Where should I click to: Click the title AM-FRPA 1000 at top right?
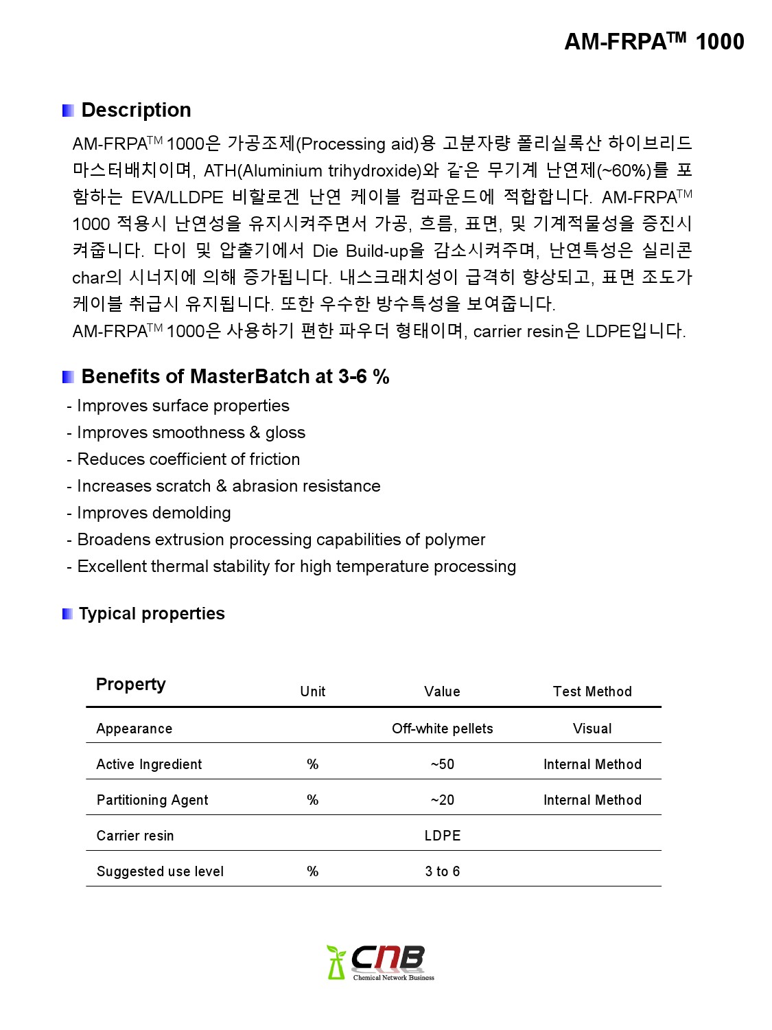click(x=653, y=41)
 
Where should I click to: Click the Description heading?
click(x=136, y=110)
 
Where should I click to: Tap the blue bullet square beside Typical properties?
click(x=67, y=614)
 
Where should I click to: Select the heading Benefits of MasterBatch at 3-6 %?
click(x=235, y=376)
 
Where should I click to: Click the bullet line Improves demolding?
click(x=153, y=513)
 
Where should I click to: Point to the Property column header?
click(x=130, y=685)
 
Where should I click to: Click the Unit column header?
click(x=312, y=691)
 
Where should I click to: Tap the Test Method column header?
click(x=592, y=691)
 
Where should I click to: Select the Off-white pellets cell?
click(x=442, y=729)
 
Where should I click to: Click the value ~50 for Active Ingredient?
click(x=442, y=764)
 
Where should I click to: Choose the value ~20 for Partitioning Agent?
click(x=442, y=800)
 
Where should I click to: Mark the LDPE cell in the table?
click(x=442, y=836)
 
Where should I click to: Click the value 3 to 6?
click(x=442, y=871)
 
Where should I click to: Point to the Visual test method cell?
click(x=592, y=729)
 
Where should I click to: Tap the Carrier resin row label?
click(x=135, y=836)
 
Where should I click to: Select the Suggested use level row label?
click(x=160, y=871)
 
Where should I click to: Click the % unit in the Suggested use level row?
click(x=312, y=871)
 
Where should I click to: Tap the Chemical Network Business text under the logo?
click(x=393, y=978)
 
